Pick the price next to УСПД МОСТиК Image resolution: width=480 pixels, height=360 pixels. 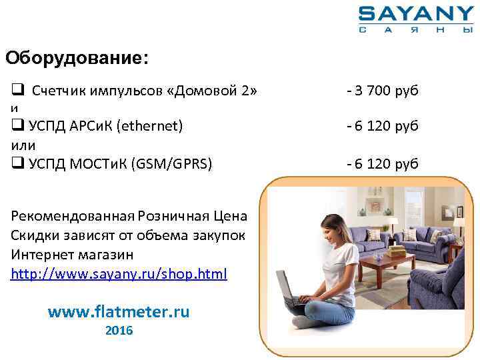[383, 163]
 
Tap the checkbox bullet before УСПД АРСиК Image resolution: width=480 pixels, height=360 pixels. [17, 125]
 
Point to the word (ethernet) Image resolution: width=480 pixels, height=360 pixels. [149, 125]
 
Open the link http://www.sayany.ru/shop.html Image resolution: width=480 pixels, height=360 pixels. [119, 273]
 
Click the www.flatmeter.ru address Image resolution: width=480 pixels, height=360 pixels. [119, 311]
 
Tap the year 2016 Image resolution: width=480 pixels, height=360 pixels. [119, 331]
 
